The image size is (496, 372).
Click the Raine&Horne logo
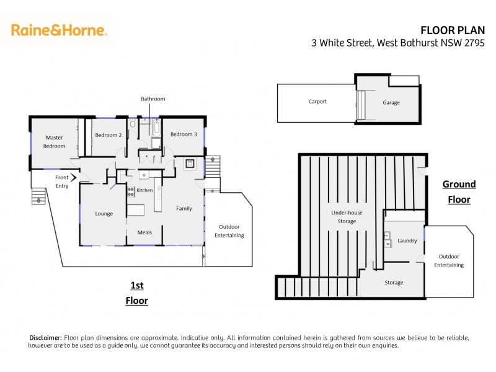[x=59, y=30]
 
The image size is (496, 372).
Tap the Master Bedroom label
[x=54, y=141]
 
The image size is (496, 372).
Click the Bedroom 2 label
[x=108, y=134]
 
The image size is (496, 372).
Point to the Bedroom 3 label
[x=184, y=134]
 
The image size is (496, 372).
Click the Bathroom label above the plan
[x=153, y=99]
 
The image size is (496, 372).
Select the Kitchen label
[x=144, y=190]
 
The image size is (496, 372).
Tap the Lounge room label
[x=104, y=213]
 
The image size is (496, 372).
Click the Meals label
[x=144, y=232]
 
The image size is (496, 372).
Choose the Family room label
[x=184, y=208]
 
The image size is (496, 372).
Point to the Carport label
[x=317, y=101]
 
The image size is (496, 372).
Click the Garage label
[x=391, y=102]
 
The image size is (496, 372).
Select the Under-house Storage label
[x=347, y=217]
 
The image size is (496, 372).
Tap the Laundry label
[x=407, y=241]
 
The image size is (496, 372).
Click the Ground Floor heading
[x=459, y=192]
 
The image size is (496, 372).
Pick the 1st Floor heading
[x=137, y=293]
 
